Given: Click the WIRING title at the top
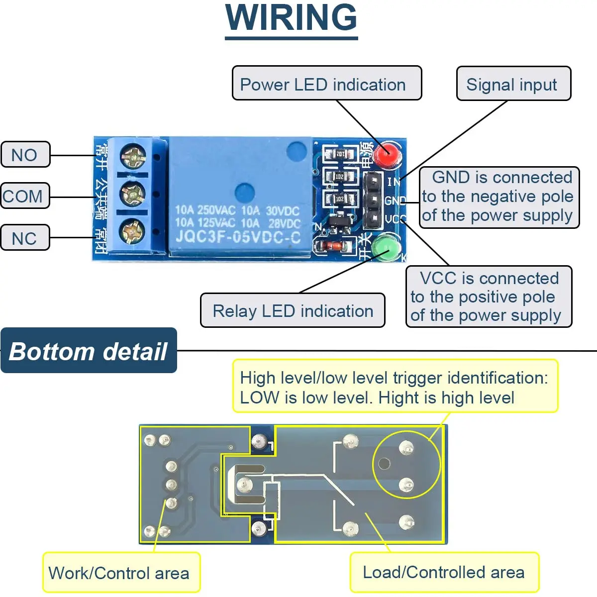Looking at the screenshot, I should click(x=291, y=18).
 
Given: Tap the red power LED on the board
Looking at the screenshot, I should click(x=388, y=155).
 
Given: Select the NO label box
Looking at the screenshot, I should click(x=25, y=155).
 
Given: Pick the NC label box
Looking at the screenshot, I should click(x=25, y=238).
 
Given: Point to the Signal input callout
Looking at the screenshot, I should click(x=512, y=84).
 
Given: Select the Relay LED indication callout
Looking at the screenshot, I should click(x=293, y=311).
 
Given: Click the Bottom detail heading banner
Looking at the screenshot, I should click(x=89, y=351).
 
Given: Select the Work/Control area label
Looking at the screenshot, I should click(x=119, y=573).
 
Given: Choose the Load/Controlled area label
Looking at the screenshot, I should click(x=444, y=572).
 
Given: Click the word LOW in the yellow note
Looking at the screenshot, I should click(x=259, y=398).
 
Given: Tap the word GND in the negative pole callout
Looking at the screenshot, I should click(x=451, y=178).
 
